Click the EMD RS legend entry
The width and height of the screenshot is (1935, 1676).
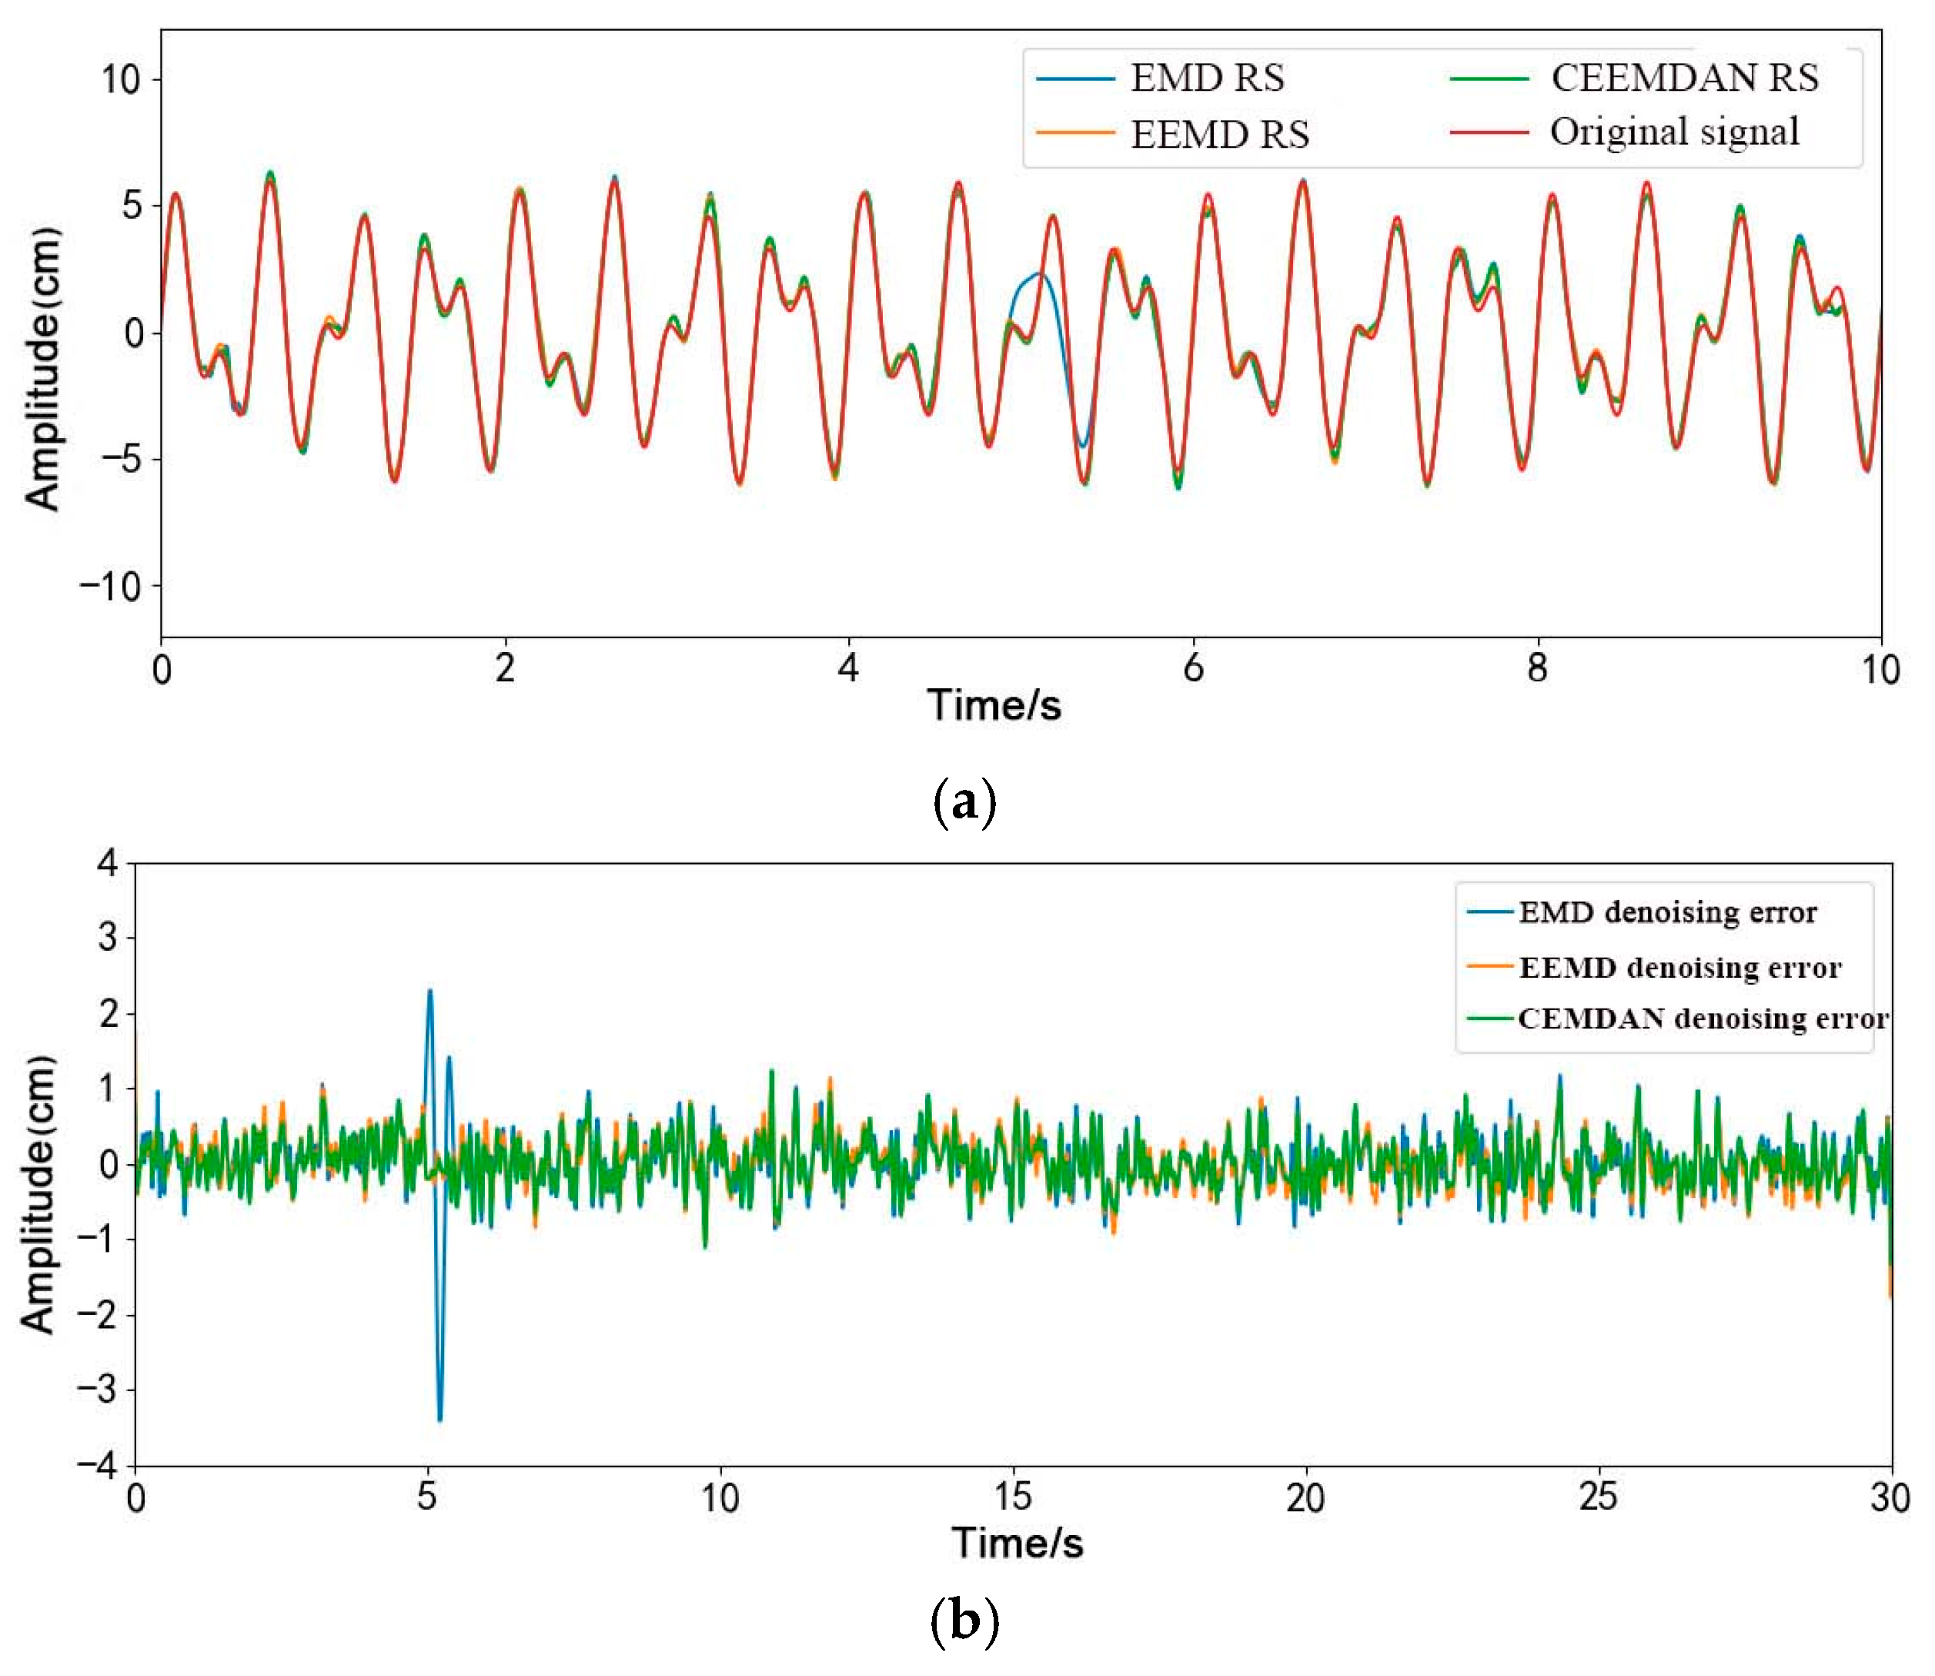click(1206, 78)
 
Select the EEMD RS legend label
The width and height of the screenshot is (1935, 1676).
click(1218, 135)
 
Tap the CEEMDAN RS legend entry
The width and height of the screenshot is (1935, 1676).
click(1683, 78)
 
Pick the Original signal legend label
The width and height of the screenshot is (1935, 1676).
click(1674, 132)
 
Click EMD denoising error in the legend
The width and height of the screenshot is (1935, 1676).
click(1666, 912)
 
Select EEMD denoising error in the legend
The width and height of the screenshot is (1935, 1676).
click(1679, 967)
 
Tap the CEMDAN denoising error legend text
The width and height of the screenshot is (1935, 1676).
click(1702, 1019)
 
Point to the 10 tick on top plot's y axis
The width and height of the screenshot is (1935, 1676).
click(121, 79)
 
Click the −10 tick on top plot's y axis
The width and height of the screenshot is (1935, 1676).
click(109, 587)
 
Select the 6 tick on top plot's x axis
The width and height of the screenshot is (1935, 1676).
click(1192, 669)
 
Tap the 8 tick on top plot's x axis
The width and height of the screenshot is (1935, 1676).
click(1536, 669)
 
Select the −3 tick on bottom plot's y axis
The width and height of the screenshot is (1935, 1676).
click(97, 1390)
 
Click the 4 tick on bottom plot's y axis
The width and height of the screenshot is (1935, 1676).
click(109, 862)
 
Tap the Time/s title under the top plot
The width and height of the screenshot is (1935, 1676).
click(994, 705)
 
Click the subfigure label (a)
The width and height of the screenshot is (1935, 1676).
click(965, 802)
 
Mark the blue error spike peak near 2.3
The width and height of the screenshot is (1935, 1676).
click(429, 991)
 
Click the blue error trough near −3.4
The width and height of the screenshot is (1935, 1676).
click(439, 1420)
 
